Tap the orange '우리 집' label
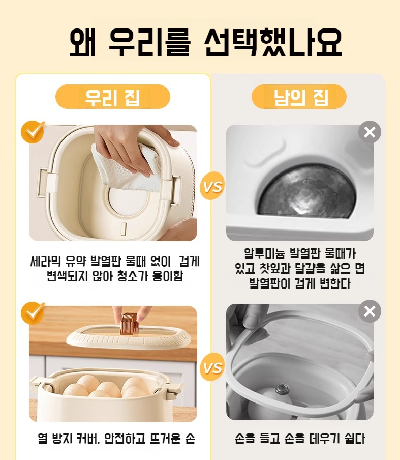click(113, 97)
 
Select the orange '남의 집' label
click(299, 97)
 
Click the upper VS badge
click(212, 186)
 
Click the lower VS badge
click(212, 367)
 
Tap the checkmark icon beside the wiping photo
click(33, 132)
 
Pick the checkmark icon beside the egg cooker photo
click(33, 313)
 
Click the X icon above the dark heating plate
click(370, 132)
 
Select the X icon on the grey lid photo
click(370, 311)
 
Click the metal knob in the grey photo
click(282, 389)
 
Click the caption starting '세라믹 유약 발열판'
click(115, 268)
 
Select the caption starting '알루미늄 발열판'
click(300, 269)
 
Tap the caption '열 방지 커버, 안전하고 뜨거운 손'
click(116, 438)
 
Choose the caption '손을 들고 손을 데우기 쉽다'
click(300, 438)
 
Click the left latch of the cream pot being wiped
click(46, 182)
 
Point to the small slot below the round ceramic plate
click(124, 229)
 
